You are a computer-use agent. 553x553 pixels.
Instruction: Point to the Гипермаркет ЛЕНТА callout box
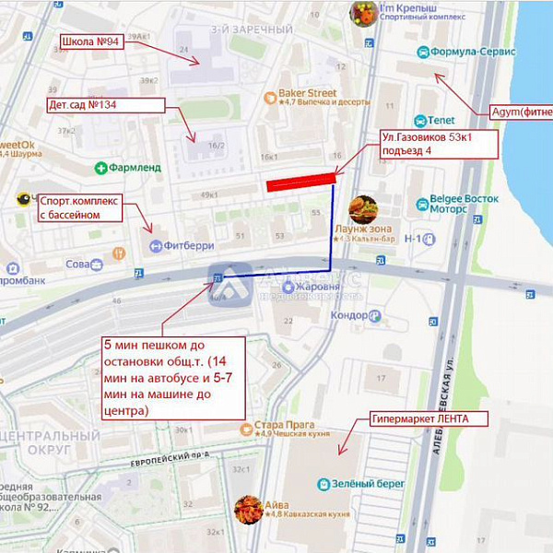[x=418, y=418]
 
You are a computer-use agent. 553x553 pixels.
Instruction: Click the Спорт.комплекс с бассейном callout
[x=80, y=207]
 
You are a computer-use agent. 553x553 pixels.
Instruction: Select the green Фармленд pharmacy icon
[x=100, y=168]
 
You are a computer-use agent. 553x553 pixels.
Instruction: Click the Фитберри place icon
[x=157, y=246]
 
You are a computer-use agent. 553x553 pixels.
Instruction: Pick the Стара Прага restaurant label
[x=276, y=428]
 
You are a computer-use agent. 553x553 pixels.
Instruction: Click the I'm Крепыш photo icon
[x=363, y=13]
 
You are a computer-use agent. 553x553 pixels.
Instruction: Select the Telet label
[x=436, y=120]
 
